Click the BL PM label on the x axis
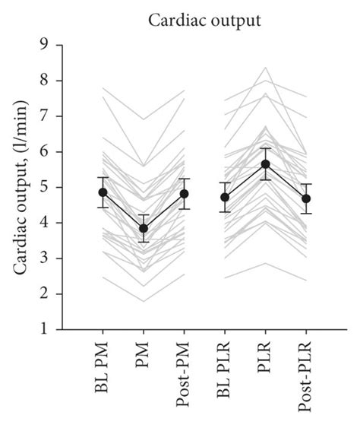coord(103,365)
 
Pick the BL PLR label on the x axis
coord(226,367)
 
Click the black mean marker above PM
coord(144,228)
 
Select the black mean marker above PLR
coord(265,163)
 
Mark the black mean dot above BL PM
coord(103,192)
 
